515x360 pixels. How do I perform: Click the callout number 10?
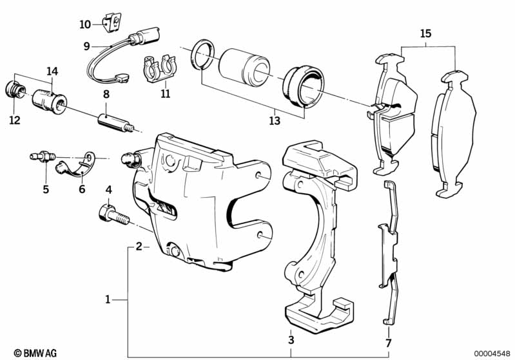(x=86, y=24)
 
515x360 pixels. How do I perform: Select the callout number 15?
(x=424, y=33)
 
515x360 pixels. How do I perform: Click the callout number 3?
(x=291, y=340)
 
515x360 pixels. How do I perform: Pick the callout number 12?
(x=15, y=120)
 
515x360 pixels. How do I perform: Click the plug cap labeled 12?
(x=15, y=89)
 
